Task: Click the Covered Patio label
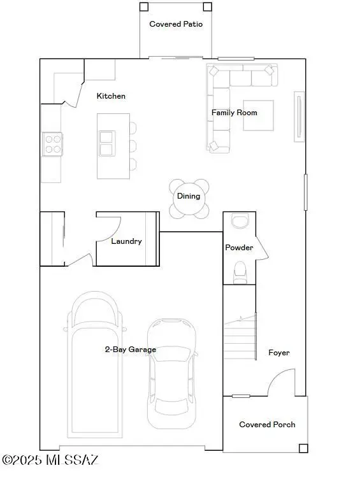pyautogui.click(x=176, y=24)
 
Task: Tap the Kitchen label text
pyautogui.click(x=111, y=96)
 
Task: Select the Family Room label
pyautogui.click(x=234, y=113)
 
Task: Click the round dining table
pyautogui.click(x=189, y=197)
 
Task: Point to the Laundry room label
pyautogui.click(x=126, y=241)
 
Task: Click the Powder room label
pyautogui.click(x=239, y=248)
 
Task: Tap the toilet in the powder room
pyautogui.click(x=240, y=271)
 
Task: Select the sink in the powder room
pyautogui.click(x=240, y=221)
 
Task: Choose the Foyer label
pyautogui.click(x=279, y=353)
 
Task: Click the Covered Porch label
pyautogui.click(x=267, y=425)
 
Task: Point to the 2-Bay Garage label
pyautogui.click(x=131, y=350)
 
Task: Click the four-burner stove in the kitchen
pyautogui.click(x=52, y=144)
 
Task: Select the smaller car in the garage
pyautogui.click(x=171, y=372)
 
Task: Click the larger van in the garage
pyautogui.click(x=94, y=360)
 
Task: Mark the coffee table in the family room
pyautogui.click(x=258, y=115)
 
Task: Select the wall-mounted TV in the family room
pyautogui.click(x=298, y=115)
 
